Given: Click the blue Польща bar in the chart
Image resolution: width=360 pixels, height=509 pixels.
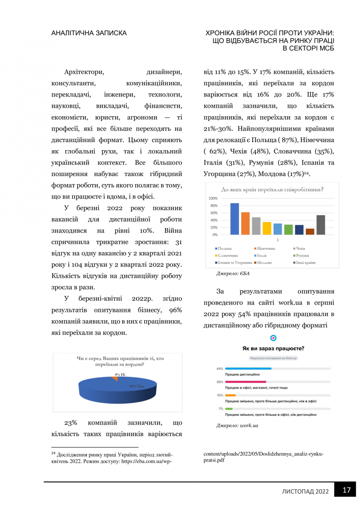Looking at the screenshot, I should (234, 219).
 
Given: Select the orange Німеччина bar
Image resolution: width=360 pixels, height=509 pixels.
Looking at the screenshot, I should (246, 224).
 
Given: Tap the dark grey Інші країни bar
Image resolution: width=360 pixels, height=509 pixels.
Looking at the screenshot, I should (321, 225).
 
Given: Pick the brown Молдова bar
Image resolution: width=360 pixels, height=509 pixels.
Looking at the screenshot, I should (310, 232).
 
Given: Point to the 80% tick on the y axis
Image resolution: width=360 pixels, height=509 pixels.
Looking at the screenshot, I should (213, 206).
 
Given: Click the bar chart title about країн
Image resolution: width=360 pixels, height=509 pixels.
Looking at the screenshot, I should (272, 190).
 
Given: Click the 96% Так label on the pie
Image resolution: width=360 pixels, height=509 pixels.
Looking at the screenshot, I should (137, 386).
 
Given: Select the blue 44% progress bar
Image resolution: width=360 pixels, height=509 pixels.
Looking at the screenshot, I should (248, 369).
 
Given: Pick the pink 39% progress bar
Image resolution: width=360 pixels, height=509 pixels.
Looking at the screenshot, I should (246, 382).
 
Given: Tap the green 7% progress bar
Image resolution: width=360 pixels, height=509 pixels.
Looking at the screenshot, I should (229, 408).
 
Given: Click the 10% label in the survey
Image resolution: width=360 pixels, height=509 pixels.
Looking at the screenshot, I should (220, 395).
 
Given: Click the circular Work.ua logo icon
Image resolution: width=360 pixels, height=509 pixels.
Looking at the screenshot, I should (273, 338).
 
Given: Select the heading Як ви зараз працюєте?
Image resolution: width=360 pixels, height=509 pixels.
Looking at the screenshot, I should (273, 349).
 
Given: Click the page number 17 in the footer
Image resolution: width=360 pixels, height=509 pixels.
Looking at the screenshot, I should (346, 490).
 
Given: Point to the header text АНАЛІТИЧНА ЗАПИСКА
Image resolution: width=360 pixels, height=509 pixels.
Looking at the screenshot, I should (89, 33).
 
